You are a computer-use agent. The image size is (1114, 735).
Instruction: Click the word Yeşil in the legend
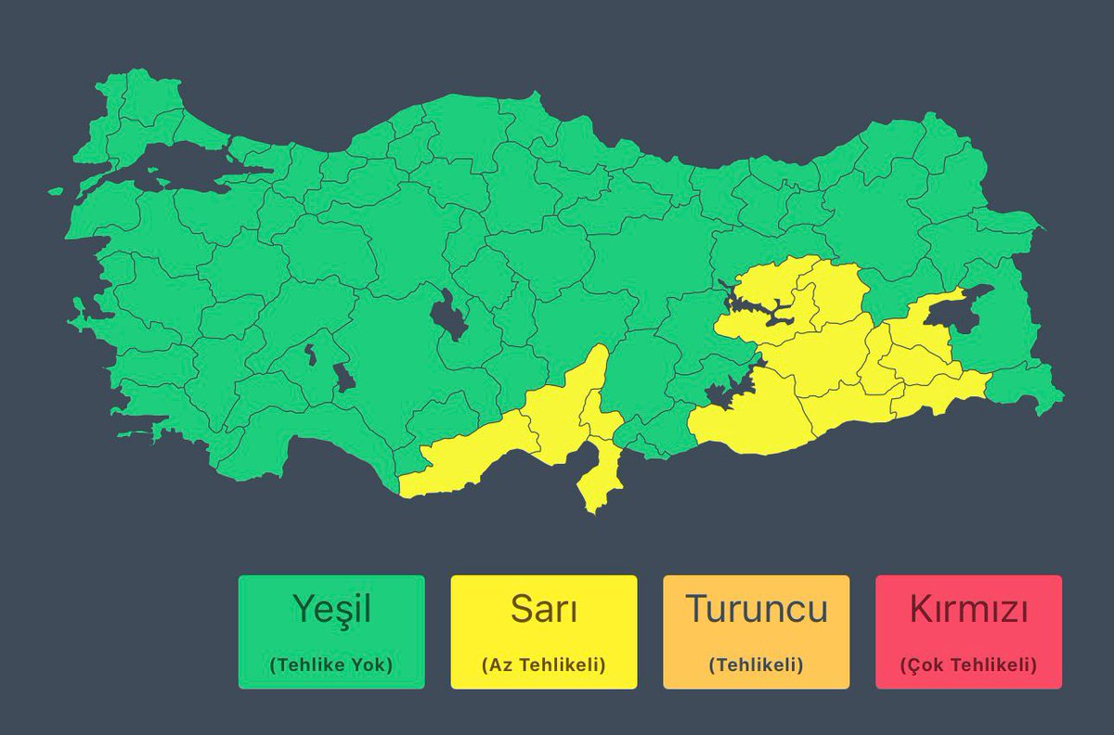click(x=331, y=609)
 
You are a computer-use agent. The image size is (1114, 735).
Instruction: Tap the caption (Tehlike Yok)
click(x=331, y=664)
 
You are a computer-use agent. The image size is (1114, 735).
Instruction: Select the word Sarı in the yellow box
click(x=544, y=609)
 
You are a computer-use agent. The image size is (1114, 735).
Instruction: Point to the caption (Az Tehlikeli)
click(x=544, y=664)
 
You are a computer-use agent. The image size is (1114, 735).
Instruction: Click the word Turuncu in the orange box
click(x=756, y=609)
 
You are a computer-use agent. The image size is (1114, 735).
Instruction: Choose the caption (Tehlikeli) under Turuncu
click(x=756, y=664)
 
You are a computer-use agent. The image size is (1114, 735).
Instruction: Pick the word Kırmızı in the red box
click(x=968, y=609)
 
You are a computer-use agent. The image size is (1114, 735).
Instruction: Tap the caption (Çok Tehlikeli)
click(x=968, y=664)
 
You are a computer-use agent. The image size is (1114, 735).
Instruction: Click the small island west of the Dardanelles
click(x=56, y=192)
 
